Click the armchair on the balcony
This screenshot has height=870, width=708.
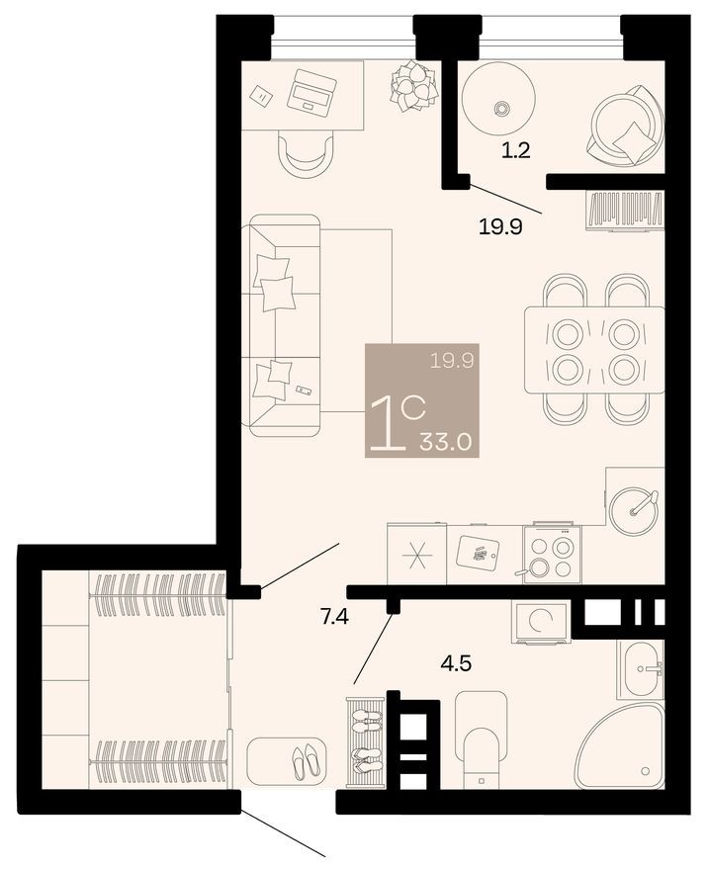(x=625, y=126)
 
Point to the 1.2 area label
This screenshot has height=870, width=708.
(x=517, y=151)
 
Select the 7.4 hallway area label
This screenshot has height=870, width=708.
(x=334, y=618)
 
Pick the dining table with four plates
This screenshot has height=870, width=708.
(x=593, y=348)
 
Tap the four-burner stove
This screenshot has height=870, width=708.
(x=552, y=555)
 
